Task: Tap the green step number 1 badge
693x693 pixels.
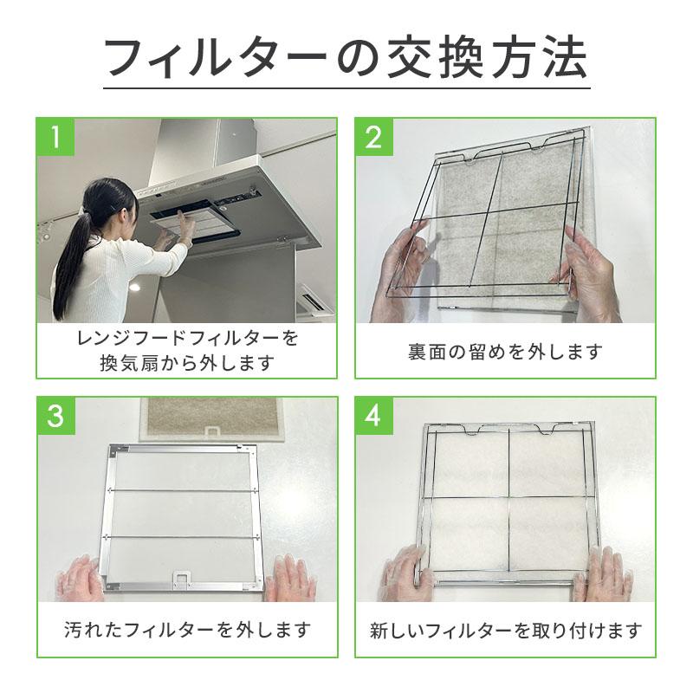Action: point(55,138)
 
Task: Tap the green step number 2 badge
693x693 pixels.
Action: point(374,138)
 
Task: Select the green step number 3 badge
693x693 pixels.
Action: point(55,417)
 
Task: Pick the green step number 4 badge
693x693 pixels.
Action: point(374,417)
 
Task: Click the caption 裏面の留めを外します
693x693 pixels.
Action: point(505,353)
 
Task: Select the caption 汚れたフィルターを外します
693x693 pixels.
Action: point(187,628)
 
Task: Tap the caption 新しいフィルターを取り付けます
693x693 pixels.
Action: point(505,630)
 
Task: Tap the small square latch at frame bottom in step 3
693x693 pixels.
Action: point(183,575)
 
